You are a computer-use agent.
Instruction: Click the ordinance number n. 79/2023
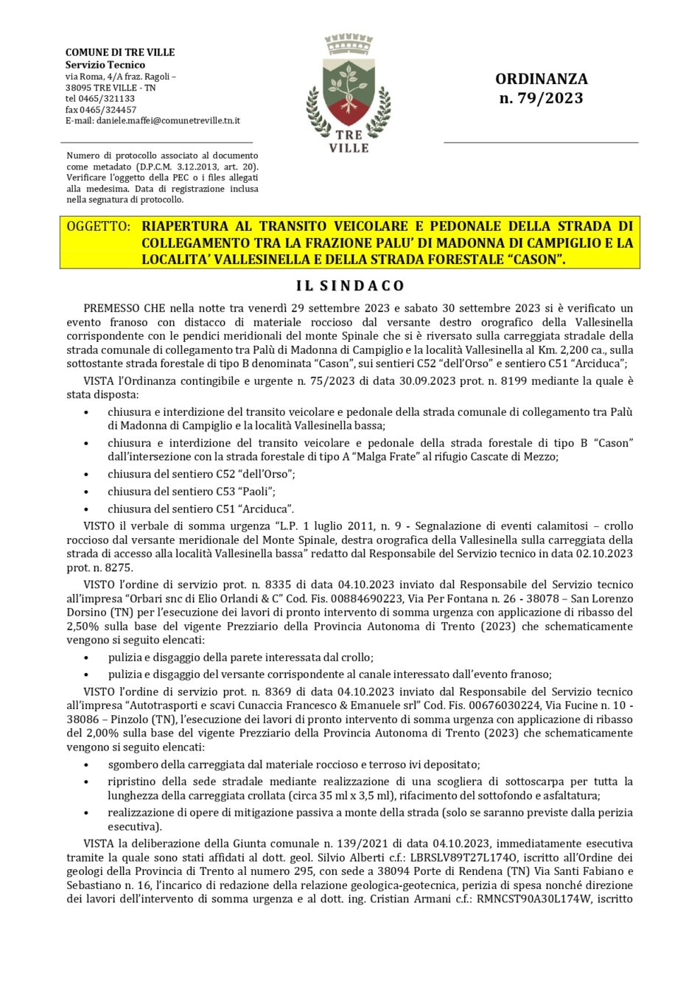point(541,98)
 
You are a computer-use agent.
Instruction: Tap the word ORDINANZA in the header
point(541,79)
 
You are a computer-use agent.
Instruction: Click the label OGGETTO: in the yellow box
point(98,226)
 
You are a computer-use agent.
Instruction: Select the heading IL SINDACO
point(350,285)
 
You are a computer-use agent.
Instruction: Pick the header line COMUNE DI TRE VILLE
point(120,52)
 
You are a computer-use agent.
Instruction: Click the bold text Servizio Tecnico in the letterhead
point(105,65)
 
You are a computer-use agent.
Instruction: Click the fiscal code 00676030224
point(482,705)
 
